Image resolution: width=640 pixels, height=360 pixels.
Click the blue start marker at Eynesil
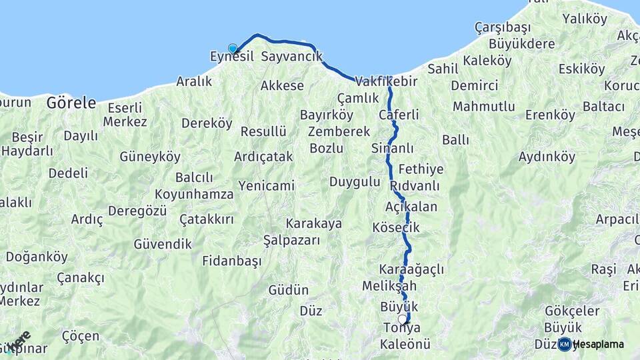(x=233, y=49)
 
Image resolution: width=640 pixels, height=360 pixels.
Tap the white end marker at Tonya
(x=403, y=319)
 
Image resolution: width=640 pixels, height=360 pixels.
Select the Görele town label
(x=71, y=103)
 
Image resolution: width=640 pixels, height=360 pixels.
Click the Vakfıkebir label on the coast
(x=386, y=81)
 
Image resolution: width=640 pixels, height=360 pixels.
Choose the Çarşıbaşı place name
(x=502, y=27)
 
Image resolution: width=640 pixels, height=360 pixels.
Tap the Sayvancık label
(x=291, y=57)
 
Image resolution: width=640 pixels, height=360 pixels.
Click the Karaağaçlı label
(x=411, y=269)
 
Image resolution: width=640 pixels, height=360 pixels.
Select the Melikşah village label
(x=389, y=285)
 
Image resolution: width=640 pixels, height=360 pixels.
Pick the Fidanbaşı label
(x=231, y=261)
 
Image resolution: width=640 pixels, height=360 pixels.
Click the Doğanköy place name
(x=37, y=257)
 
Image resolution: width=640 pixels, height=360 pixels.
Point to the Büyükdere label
(x=522, y=44)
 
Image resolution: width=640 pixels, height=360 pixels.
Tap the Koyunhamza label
(x=194, y=194)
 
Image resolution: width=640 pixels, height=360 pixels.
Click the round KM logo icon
(x=565, y=344)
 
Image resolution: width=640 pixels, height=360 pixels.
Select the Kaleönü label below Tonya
(x=405, y=345)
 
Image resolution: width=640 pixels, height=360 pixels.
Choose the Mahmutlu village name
(x=484, y=107)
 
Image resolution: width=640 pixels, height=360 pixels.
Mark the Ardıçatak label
(x=263, y=157)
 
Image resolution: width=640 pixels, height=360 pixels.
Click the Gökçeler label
(x=572, y=311)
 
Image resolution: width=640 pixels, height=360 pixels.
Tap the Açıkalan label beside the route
(x=411, y=207)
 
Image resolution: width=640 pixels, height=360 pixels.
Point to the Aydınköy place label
(x=547, y=157)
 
